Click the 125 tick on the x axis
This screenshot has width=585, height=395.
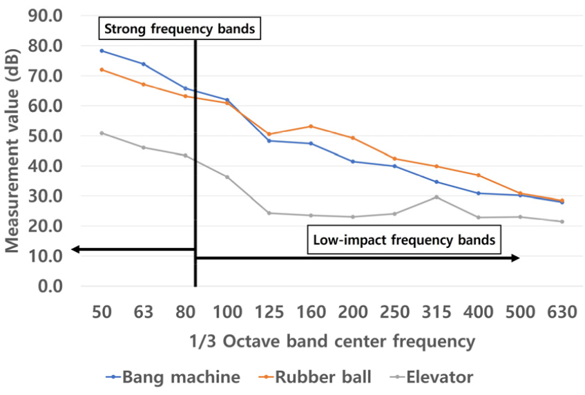[269, 312]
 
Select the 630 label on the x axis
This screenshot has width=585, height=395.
[562, 312]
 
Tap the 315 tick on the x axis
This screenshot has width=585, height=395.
[436, 312]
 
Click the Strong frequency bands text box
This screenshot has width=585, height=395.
[180, 30]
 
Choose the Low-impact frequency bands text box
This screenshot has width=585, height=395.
[404, 241]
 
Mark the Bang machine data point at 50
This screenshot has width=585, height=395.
[102, 50]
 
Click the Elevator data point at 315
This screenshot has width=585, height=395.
[436, 197]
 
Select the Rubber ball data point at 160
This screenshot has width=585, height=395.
[311, 126]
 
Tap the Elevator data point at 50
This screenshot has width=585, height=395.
[102, 133]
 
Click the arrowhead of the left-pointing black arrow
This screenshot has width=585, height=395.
[75, 250]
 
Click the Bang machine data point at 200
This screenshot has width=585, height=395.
[353, 162]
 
